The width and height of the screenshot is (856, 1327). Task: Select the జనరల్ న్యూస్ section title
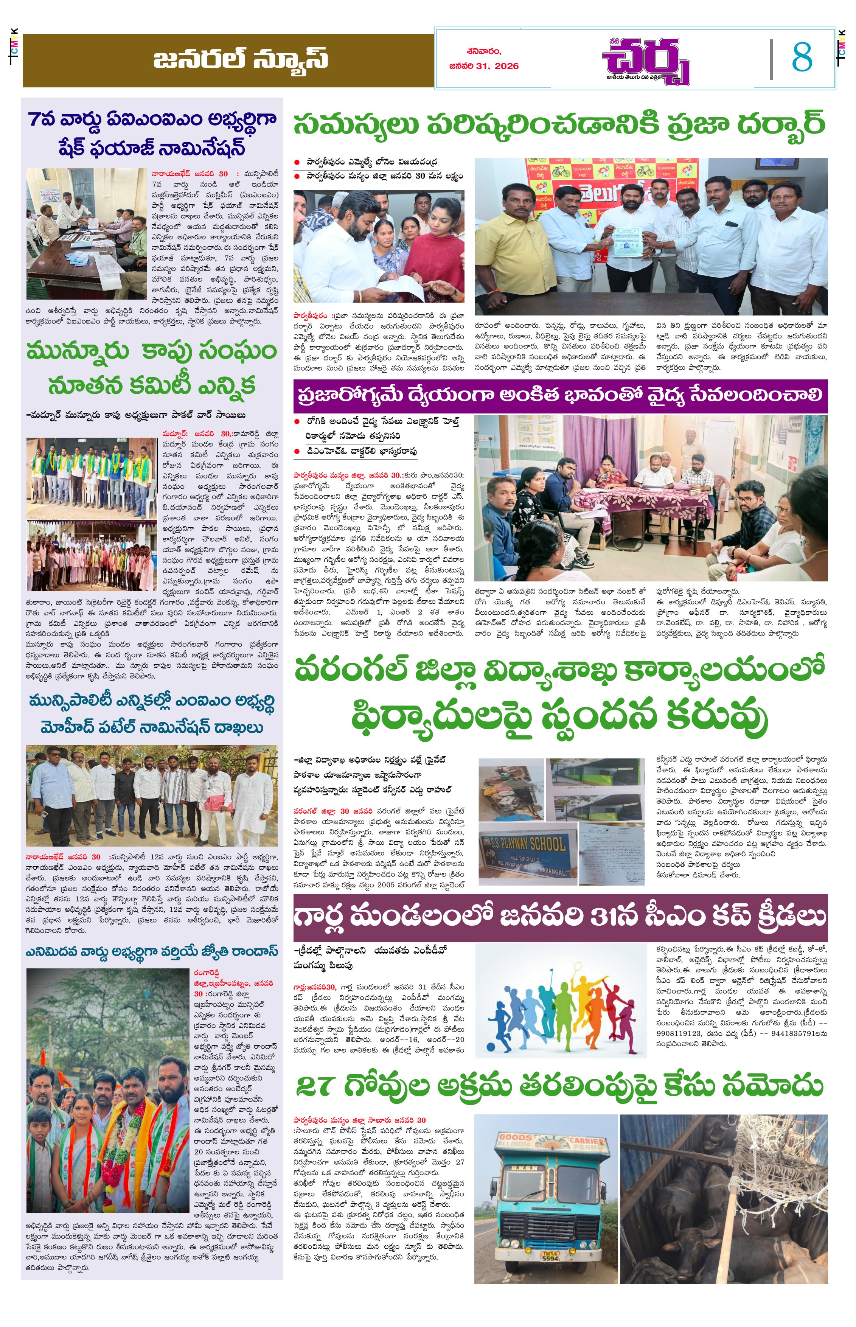click(x=240, y=59)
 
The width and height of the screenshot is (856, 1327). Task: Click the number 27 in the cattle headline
click(x=315, y=1085)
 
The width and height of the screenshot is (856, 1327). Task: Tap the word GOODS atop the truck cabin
click(x=515, y=1137)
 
